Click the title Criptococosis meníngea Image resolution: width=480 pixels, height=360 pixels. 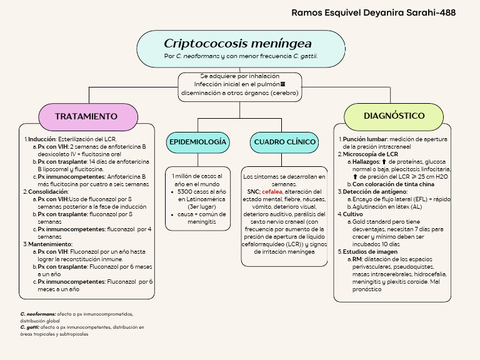(237, 44)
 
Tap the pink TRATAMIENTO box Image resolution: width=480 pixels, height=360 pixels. (86, 117)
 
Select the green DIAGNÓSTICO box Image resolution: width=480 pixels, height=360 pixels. (394, 116)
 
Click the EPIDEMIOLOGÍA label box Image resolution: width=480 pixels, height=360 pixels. (197, 142)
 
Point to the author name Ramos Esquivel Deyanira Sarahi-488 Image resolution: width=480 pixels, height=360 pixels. (374, 12)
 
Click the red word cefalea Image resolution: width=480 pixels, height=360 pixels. (272, 192)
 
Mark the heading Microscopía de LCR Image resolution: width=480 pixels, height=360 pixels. (370, 154)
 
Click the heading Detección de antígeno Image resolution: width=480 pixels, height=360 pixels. (374, 192)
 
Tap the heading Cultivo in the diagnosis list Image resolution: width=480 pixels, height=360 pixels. (352, 214)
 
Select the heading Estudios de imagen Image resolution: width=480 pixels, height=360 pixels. (370, 252)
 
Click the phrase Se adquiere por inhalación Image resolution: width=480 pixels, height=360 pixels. (239, 76)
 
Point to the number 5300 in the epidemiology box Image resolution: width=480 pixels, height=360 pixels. (186, 192)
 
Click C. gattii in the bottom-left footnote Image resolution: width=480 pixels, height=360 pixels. (30, 327)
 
